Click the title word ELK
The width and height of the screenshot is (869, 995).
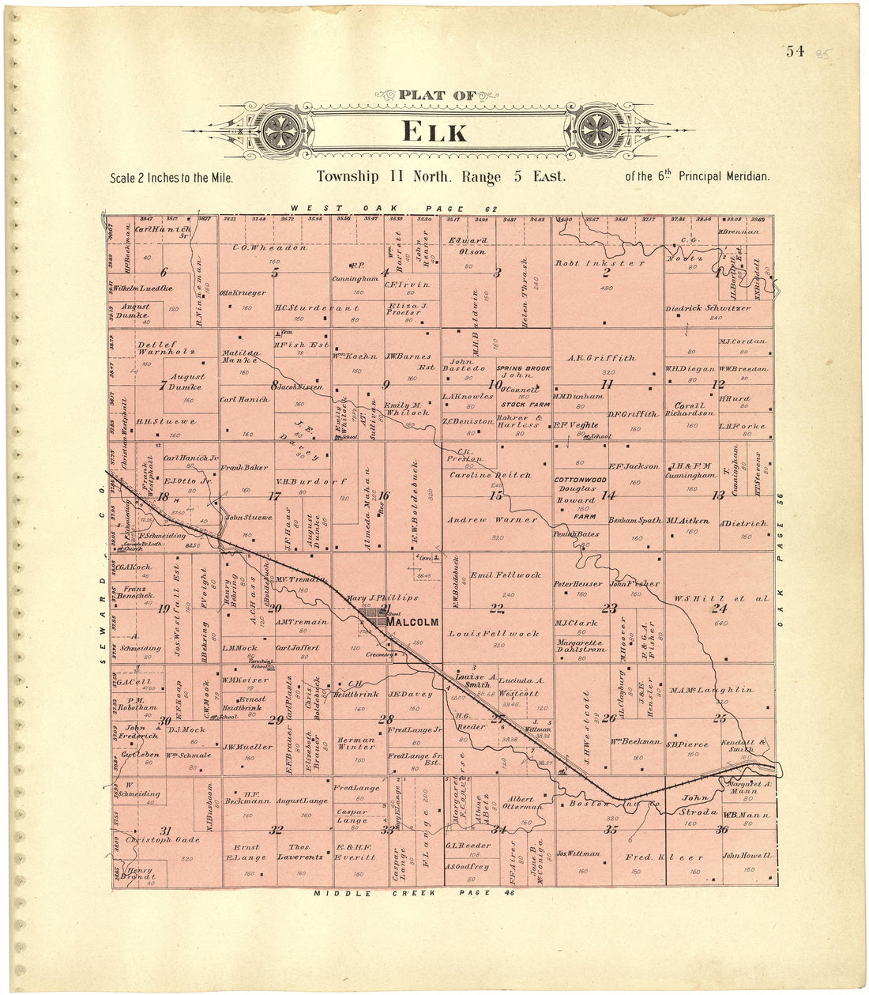[x=434, y=131]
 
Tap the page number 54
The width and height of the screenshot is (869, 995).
[x=795, y=52]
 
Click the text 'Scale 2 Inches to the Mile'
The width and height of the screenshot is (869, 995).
[x=171, y=178]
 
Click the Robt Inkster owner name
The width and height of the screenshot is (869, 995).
[x=600, y=263]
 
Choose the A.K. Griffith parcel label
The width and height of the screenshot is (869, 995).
[x=602, y=358]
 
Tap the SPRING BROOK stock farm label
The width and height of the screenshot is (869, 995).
[x=523, y=369]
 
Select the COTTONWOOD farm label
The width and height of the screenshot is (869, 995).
[x=580, y=480]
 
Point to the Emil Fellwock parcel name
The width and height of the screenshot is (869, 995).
[x=506, y=575]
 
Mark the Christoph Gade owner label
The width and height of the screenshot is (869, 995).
[x=164, y=840]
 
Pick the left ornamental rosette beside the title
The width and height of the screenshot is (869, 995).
[x=282, y=130]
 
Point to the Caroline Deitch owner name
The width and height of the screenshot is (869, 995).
[x=490, y=475]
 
